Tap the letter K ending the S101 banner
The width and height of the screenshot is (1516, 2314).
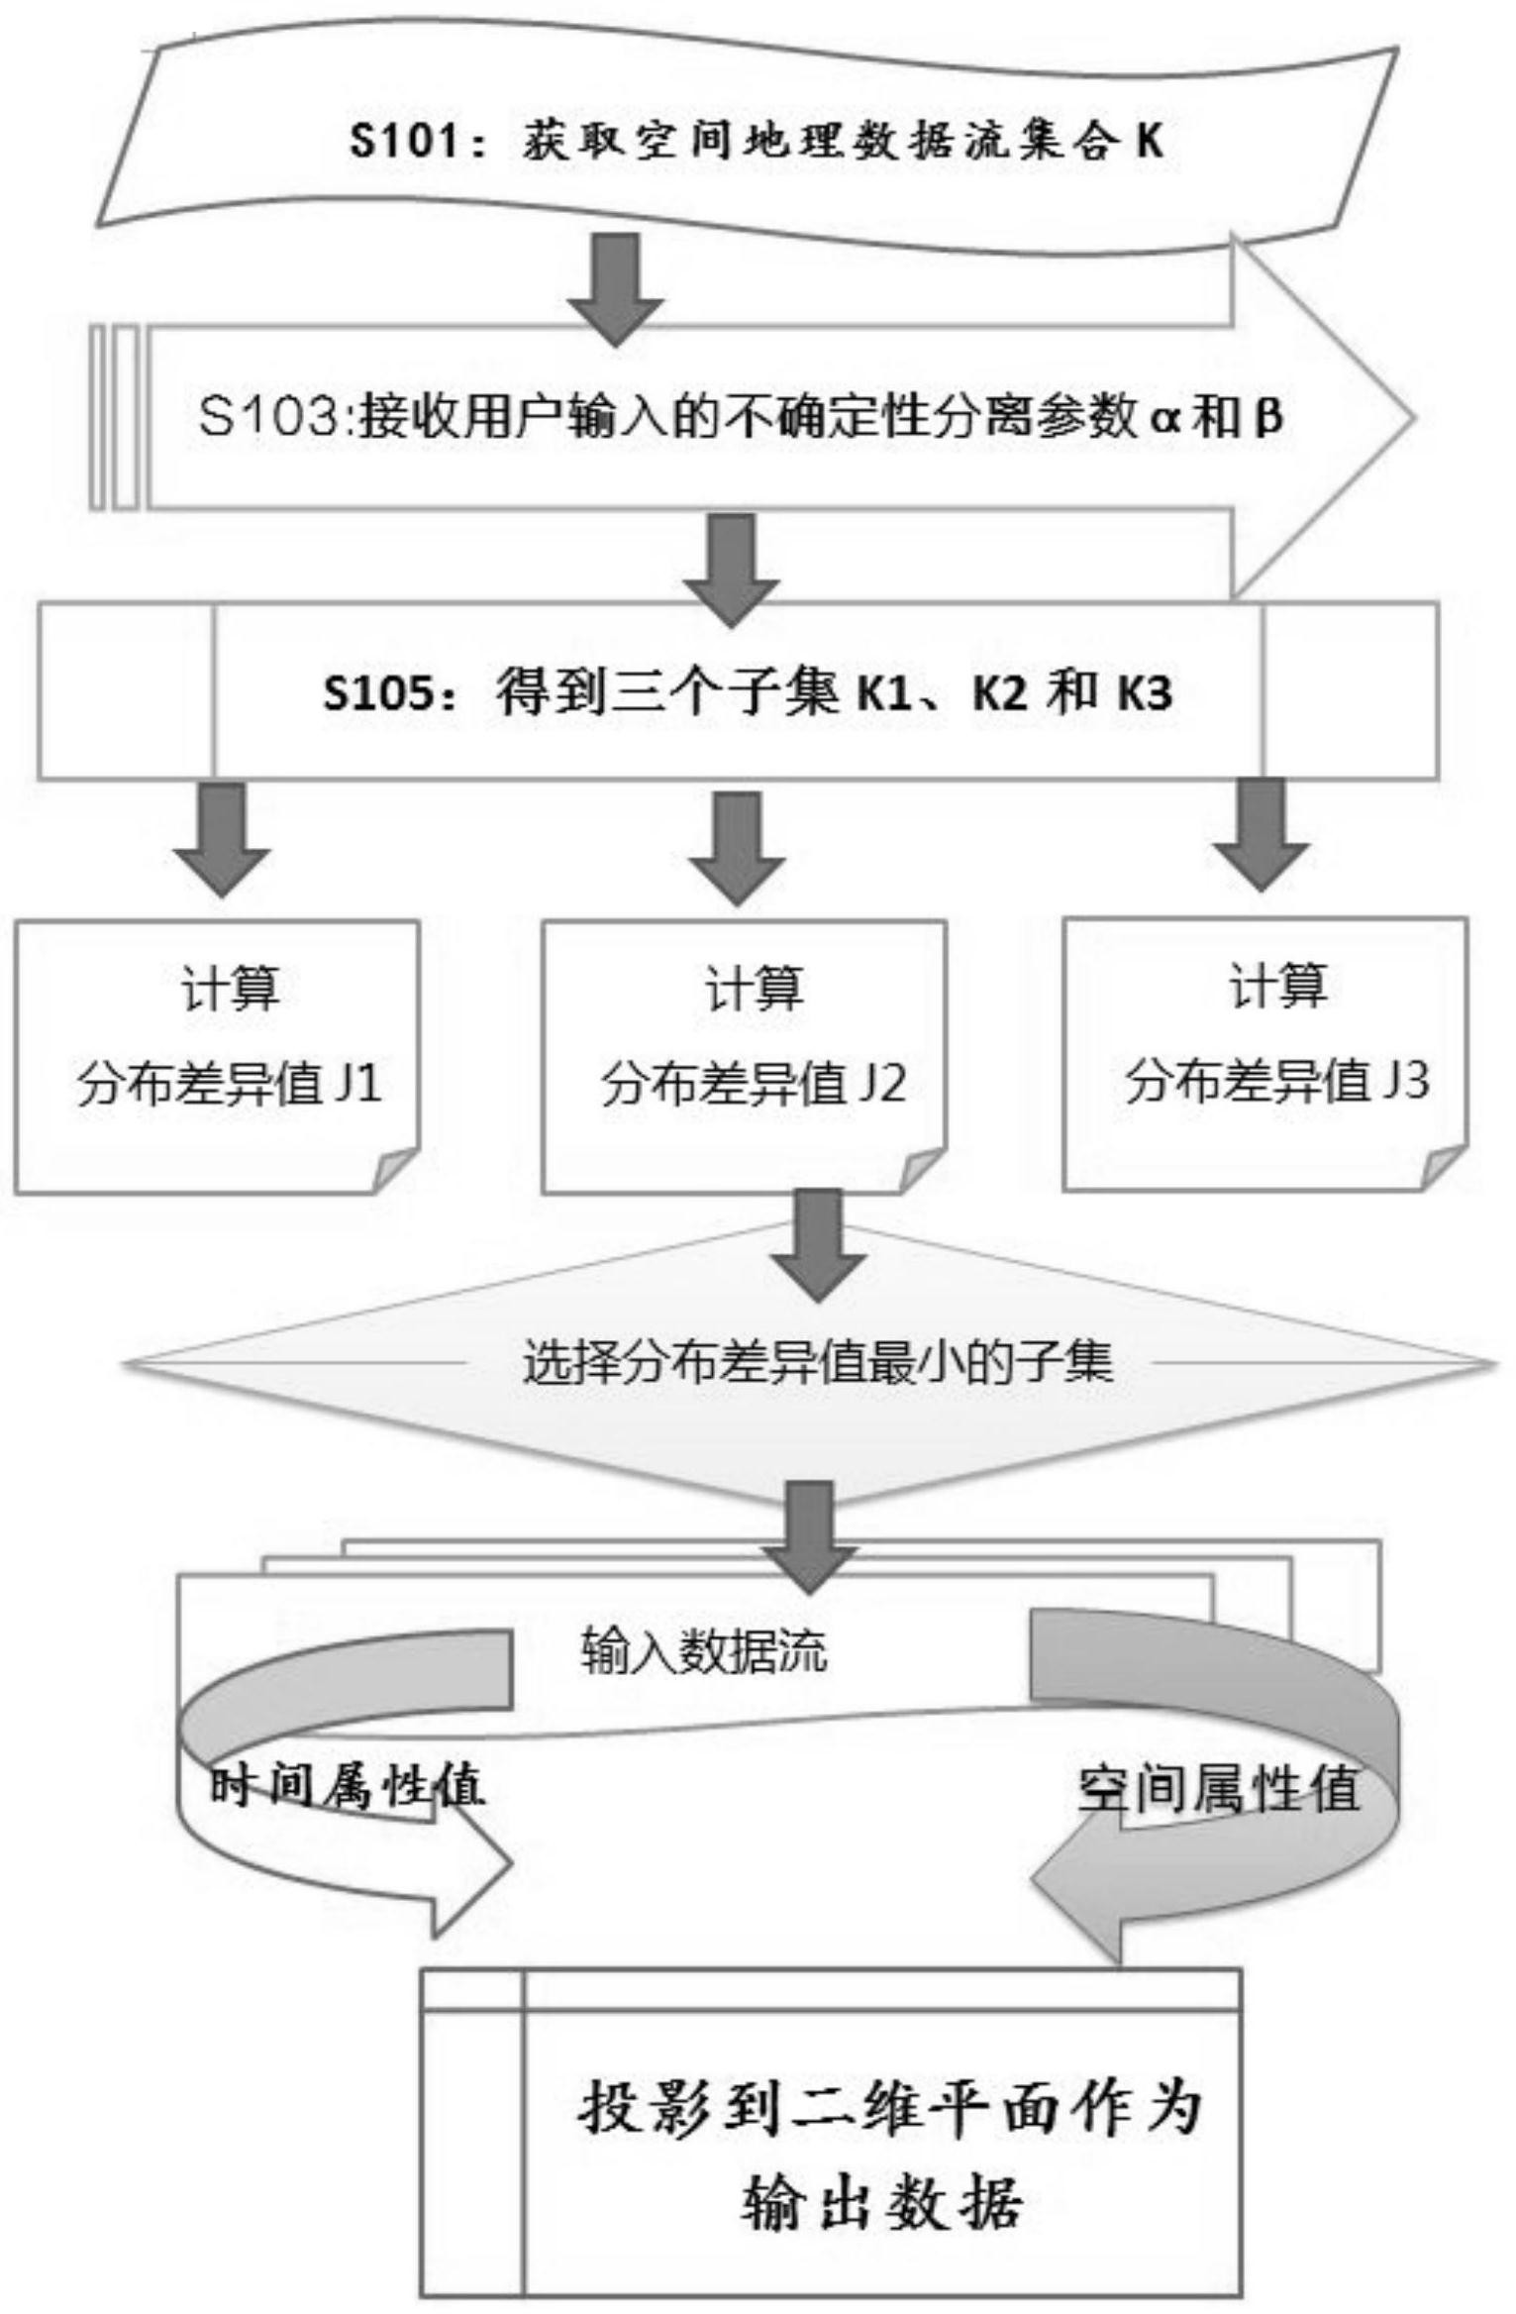click(1149, 141)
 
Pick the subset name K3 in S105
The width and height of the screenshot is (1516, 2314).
click(1146, 691)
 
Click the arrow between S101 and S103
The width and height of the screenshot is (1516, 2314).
click(616, 288)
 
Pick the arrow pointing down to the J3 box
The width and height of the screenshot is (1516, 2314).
click(1262, 833)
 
